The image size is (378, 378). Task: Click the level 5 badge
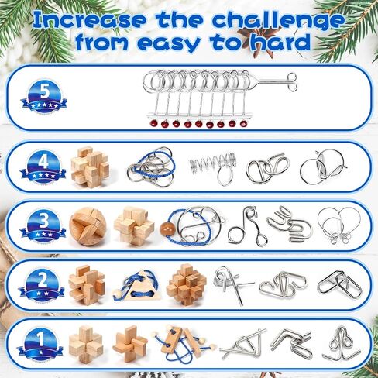pyautogui.click(x=44, y=96)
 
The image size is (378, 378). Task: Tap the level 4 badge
pyautogui.click(x=43, y=167)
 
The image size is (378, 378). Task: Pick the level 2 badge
pyautogui.click(x=41, y=285)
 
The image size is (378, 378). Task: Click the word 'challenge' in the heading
pyautogui.click(x=278, y=20)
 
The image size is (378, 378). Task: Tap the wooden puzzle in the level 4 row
pyautogui.click(x=90, y=167)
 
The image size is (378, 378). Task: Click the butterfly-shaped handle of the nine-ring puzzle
pyautogui.click(x=291, y=82)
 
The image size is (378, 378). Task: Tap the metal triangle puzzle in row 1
pyautogui.click(x=242, y=344)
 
